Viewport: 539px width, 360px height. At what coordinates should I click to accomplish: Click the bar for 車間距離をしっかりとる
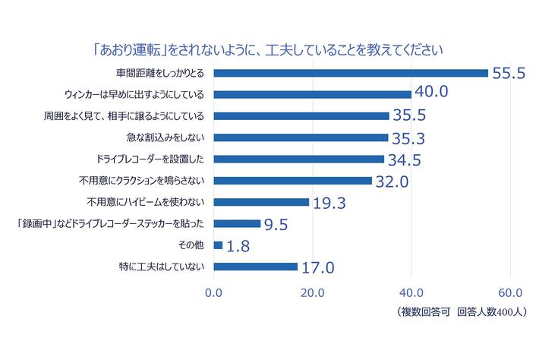tap(351, 73)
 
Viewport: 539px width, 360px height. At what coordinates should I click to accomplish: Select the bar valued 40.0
tap(313, 94)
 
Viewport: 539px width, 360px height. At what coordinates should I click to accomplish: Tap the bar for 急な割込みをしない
tap(301, 137)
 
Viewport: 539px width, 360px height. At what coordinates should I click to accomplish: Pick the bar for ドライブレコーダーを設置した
tap(299, 159)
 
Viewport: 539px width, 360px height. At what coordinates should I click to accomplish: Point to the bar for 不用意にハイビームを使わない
tap(262, 202)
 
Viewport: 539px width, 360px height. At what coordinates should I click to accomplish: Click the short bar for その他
tap(219, 245)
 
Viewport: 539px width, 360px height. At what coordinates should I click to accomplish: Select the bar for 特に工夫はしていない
tap(256, 267)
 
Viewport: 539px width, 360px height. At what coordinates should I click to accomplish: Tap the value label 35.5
tap(411, 116)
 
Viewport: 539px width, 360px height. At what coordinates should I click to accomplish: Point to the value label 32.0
tap(393, 181)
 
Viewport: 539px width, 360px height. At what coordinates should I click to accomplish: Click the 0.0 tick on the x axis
tap(214, 292)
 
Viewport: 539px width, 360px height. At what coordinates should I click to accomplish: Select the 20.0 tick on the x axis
tap(313, 292)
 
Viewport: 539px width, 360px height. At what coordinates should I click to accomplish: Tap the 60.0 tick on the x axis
tap(510, 292)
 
